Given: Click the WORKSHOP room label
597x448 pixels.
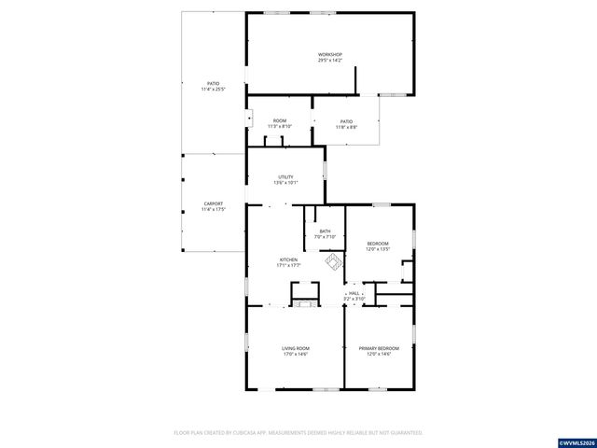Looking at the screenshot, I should pos(331,55).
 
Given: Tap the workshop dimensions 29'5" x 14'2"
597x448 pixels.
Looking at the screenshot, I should pos(331,61).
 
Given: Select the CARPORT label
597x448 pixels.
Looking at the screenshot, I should pos(214,203).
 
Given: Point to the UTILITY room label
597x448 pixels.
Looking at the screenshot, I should pos(286,176).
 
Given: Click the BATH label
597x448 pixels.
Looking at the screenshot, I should pos(325,231).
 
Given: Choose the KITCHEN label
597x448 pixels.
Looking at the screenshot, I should pos(288,259).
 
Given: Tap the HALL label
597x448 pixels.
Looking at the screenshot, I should pos(354,292).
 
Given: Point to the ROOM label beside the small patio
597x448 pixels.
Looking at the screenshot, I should pos(280,121).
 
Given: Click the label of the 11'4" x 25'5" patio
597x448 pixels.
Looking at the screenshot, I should pos(214,84).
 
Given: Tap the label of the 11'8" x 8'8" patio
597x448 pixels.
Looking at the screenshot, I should pos(346,121).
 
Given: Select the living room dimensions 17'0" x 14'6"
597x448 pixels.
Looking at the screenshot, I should pos(296,355).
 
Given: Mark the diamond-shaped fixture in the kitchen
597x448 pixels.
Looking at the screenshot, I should pos(332,263).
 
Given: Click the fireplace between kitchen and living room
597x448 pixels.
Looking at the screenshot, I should pos(303,302).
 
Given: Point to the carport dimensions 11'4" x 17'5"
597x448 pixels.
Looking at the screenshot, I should pos(214,209).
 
